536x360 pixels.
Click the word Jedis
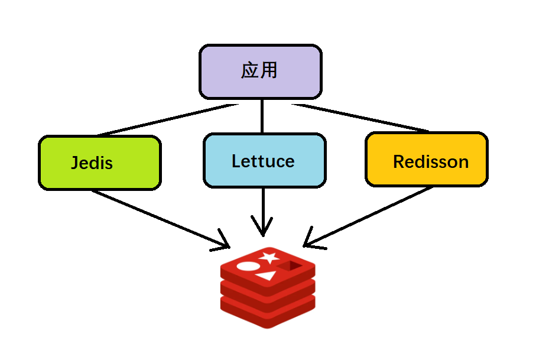(92, 163)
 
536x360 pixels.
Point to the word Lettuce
(263, 161)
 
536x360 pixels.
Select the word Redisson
(431, 161)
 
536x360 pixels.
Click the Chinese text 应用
(259, 71)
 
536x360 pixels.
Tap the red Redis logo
(267, 287)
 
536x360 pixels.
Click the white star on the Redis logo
(269, 257)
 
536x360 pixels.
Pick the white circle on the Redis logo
(248, 266)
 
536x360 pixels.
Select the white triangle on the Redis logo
(267, 275)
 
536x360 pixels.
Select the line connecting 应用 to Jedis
(165, 120)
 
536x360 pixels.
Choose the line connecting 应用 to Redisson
(360, 117)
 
